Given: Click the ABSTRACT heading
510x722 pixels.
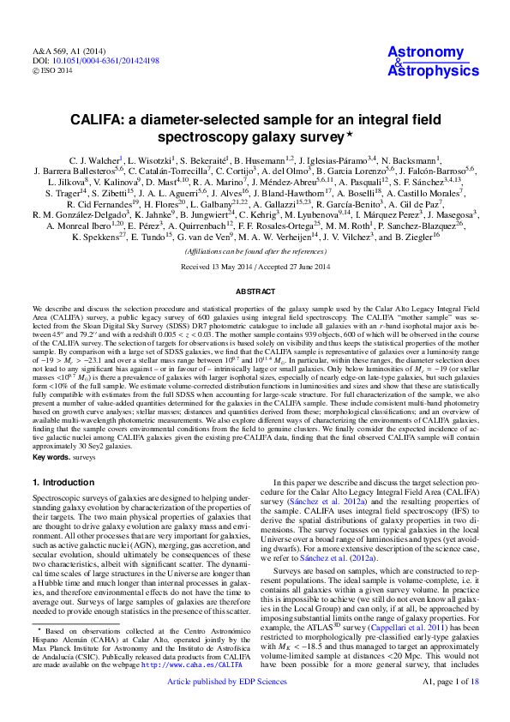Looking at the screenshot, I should [255, 292].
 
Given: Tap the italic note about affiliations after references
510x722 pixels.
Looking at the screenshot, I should [255, 251].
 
